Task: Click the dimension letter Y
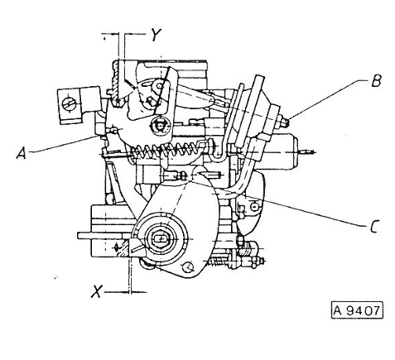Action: [x=157, y=35]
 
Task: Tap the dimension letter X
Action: [x=97, y=291]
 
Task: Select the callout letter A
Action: [x=22, y=153]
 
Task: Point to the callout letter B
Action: [x=376, y=80]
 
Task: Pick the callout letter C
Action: [x=374, y=227]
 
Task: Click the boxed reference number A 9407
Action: [x=357, y=310]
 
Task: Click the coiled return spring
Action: [x=168, y=151]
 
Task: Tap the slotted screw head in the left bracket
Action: [x=69, y=104]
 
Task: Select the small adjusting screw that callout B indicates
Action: [x=284, y=121]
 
